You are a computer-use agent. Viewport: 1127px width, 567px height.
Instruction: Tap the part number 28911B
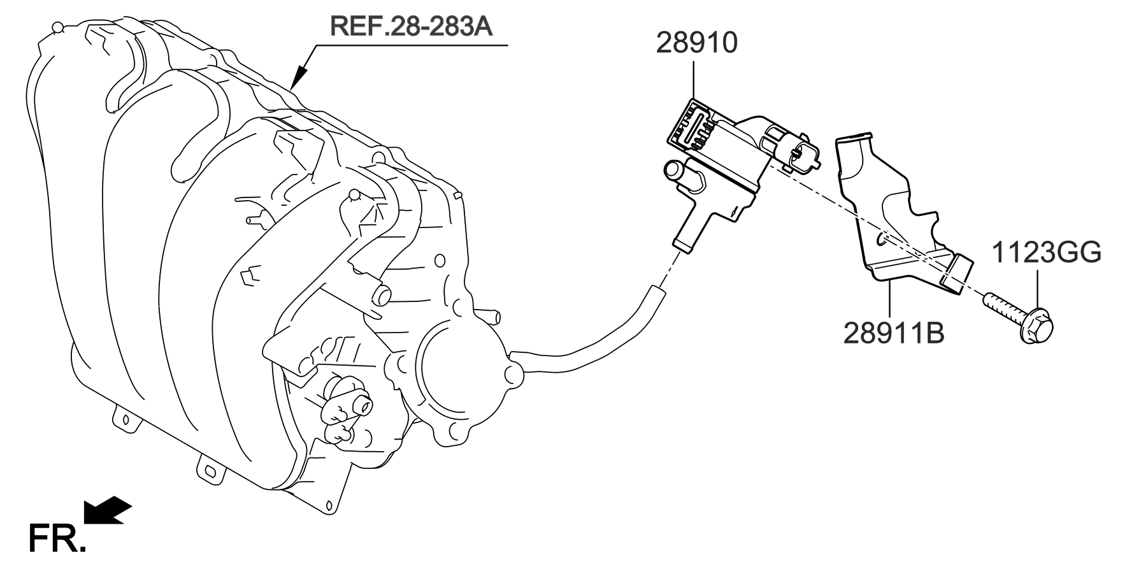[893, 333]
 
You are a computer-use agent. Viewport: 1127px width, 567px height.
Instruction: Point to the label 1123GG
[1046, 253]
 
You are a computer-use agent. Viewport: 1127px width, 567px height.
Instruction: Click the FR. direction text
[56, 538]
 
